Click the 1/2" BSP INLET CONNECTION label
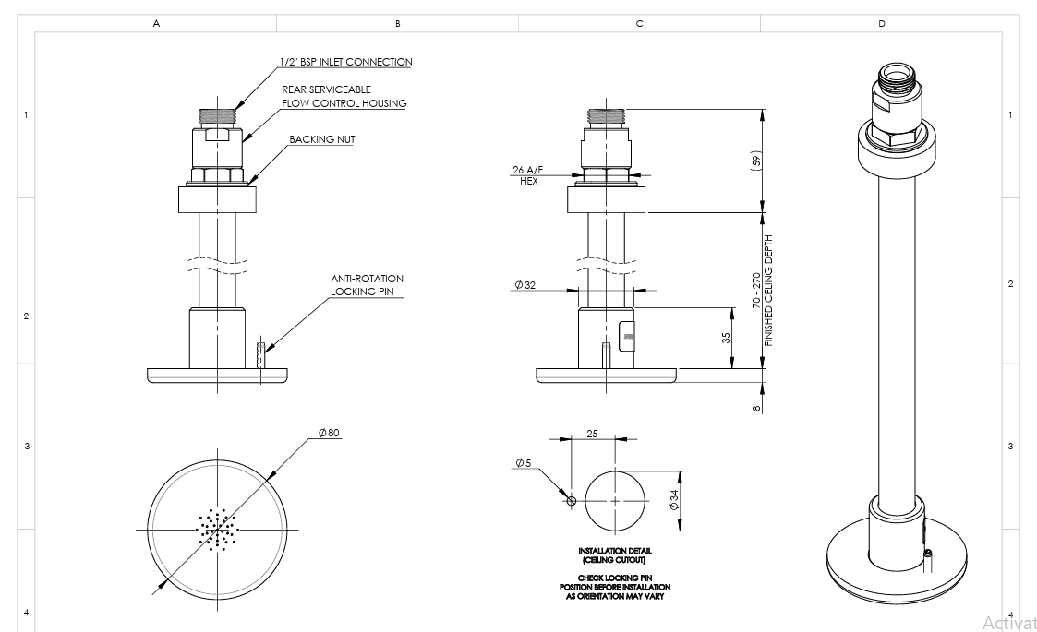pos(346,62)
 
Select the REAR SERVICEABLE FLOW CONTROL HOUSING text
pos(344,96)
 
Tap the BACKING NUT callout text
pos(322,139)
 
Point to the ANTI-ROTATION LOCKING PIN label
pos(367,285)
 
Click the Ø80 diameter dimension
pos(330,433)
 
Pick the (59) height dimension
pos(755,161)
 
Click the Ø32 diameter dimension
pos(527,285)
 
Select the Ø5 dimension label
pos(523,461)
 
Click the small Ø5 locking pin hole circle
pos(572,501)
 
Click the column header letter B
pos(397,22)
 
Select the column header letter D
pos(881,22)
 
